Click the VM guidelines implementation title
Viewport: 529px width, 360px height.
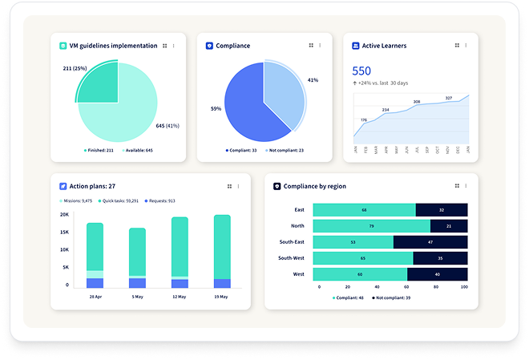tap(114, 46)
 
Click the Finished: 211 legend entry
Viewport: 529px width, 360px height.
tap(99, 150)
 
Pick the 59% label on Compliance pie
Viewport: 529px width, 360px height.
tap(216, 108)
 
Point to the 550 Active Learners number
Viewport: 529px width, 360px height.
tap(361, 71)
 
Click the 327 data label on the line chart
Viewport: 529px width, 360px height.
tap(449, 98)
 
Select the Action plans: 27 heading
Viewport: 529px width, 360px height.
tap(93, 186)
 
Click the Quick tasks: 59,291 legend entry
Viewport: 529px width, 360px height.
tap(119, 200)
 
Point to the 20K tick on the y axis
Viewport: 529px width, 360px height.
tap(64, 215)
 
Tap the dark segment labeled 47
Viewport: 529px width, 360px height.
tap(430, 241)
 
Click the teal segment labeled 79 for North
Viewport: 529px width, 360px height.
tap(371, 226)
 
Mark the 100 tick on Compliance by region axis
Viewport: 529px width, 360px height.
tap(464, 286)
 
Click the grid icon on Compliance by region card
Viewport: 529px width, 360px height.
tap(457, 186)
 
